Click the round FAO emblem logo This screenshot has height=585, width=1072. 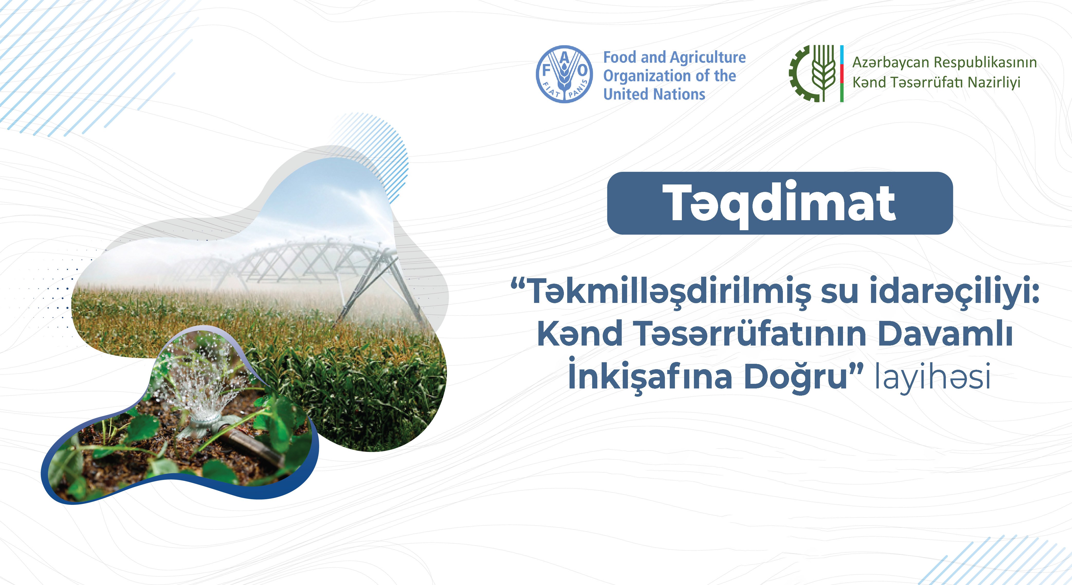click(564, 74)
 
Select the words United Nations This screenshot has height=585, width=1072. click(654, 94)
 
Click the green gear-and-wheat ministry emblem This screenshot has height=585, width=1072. click(812, 74)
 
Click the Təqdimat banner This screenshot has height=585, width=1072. click(780, 203)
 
